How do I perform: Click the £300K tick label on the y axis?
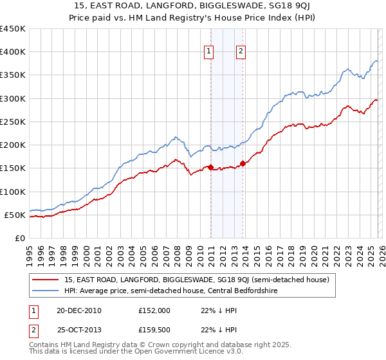click(12, 98)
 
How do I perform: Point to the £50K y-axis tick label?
click(14, 215)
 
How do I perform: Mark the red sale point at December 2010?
click(210, 167)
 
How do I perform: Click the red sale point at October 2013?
click(243, 163)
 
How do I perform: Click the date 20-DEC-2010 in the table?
click(78, 310)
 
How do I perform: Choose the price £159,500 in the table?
click(153, 330)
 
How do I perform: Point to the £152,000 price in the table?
click(153, 310)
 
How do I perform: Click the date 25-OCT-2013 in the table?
click(78, 330)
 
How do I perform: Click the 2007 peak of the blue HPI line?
click(175, 137)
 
